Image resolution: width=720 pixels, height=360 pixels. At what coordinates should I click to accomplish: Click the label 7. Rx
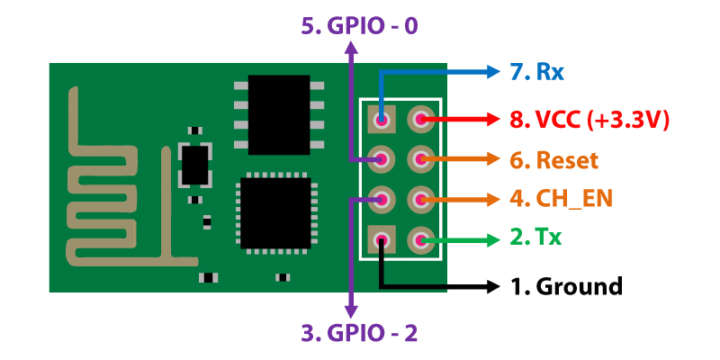click(x=537, y=71)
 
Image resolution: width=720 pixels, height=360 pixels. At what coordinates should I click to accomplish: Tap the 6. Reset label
click(x=553, y=160)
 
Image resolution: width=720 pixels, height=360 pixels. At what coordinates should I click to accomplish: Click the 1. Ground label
click(x=566, y=287)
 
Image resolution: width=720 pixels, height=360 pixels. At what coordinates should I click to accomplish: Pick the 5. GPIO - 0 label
click(x=359, y=25)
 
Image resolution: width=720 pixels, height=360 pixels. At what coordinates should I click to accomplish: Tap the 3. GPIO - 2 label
click(x=359, y=334)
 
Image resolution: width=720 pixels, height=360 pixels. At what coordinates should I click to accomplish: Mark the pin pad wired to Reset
click(x=420, y=159)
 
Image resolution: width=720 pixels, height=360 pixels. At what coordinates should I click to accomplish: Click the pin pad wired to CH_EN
click(x=420, y=199)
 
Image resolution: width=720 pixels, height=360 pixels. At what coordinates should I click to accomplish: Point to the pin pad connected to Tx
click(x=420, y=239)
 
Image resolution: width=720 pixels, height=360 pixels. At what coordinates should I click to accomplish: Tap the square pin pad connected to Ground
click(x=382, y=239)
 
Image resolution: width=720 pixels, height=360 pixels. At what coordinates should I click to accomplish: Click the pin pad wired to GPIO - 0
click(x=382, y=159)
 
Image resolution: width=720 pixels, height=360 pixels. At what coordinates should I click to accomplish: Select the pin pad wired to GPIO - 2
click(x=382, y=199)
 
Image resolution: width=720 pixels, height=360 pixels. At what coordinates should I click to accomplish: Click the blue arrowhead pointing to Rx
click(x=493, y=71)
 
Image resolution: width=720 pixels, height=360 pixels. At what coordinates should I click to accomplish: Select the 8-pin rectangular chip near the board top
click(x=278, y=112)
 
